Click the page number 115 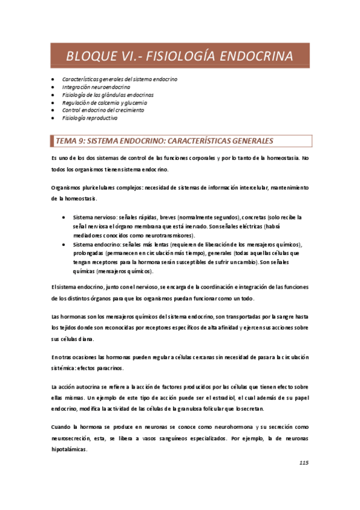pyautogui.click(x=304, y=463)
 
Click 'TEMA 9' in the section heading pyautogui.click(x=70, y=141)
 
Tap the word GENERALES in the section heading pyautogui.click(x=243, y=141)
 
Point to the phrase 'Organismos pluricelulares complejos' pyautogui.click(x=97, y=188)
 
